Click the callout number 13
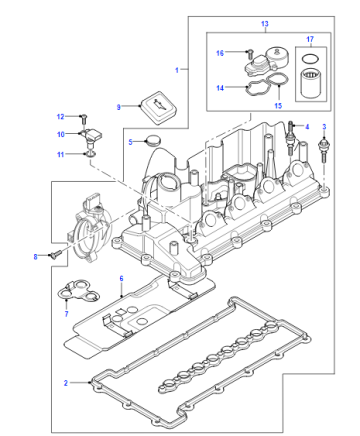264,24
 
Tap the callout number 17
310,39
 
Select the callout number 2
66,383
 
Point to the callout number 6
121,278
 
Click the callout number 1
177,70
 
